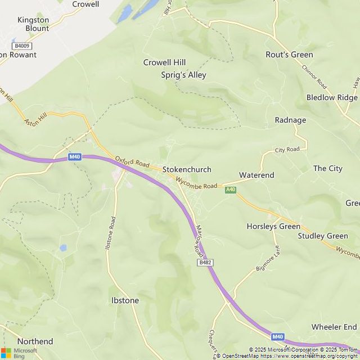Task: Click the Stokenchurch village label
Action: click(x=187, y=169)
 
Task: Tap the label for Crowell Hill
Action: click(x=164, y=62)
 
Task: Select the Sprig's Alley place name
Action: click(x=183, y=75)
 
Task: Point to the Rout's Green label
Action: click(x=289, y=55)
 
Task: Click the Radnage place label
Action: click(x=290, y=120)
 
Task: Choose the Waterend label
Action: click(x=256, y=175)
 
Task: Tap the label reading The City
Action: click(x=327, y=168)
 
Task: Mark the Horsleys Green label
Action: click(x=273, y=226)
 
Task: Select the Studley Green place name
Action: click(x=323, y=236)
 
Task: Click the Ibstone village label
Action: click(x=125, y=300)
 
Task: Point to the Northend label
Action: click(x=35, y=341)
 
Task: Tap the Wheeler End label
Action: click(x=334, y=327)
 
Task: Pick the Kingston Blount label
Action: click(x=33, y=24)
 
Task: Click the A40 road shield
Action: click(x=230, y=190)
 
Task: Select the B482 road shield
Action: click(x=205, y=263)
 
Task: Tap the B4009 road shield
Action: click(x=22, y=46)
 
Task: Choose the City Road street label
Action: click(x=287, y=150)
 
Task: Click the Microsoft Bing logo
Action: click(x=19, y=352)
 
